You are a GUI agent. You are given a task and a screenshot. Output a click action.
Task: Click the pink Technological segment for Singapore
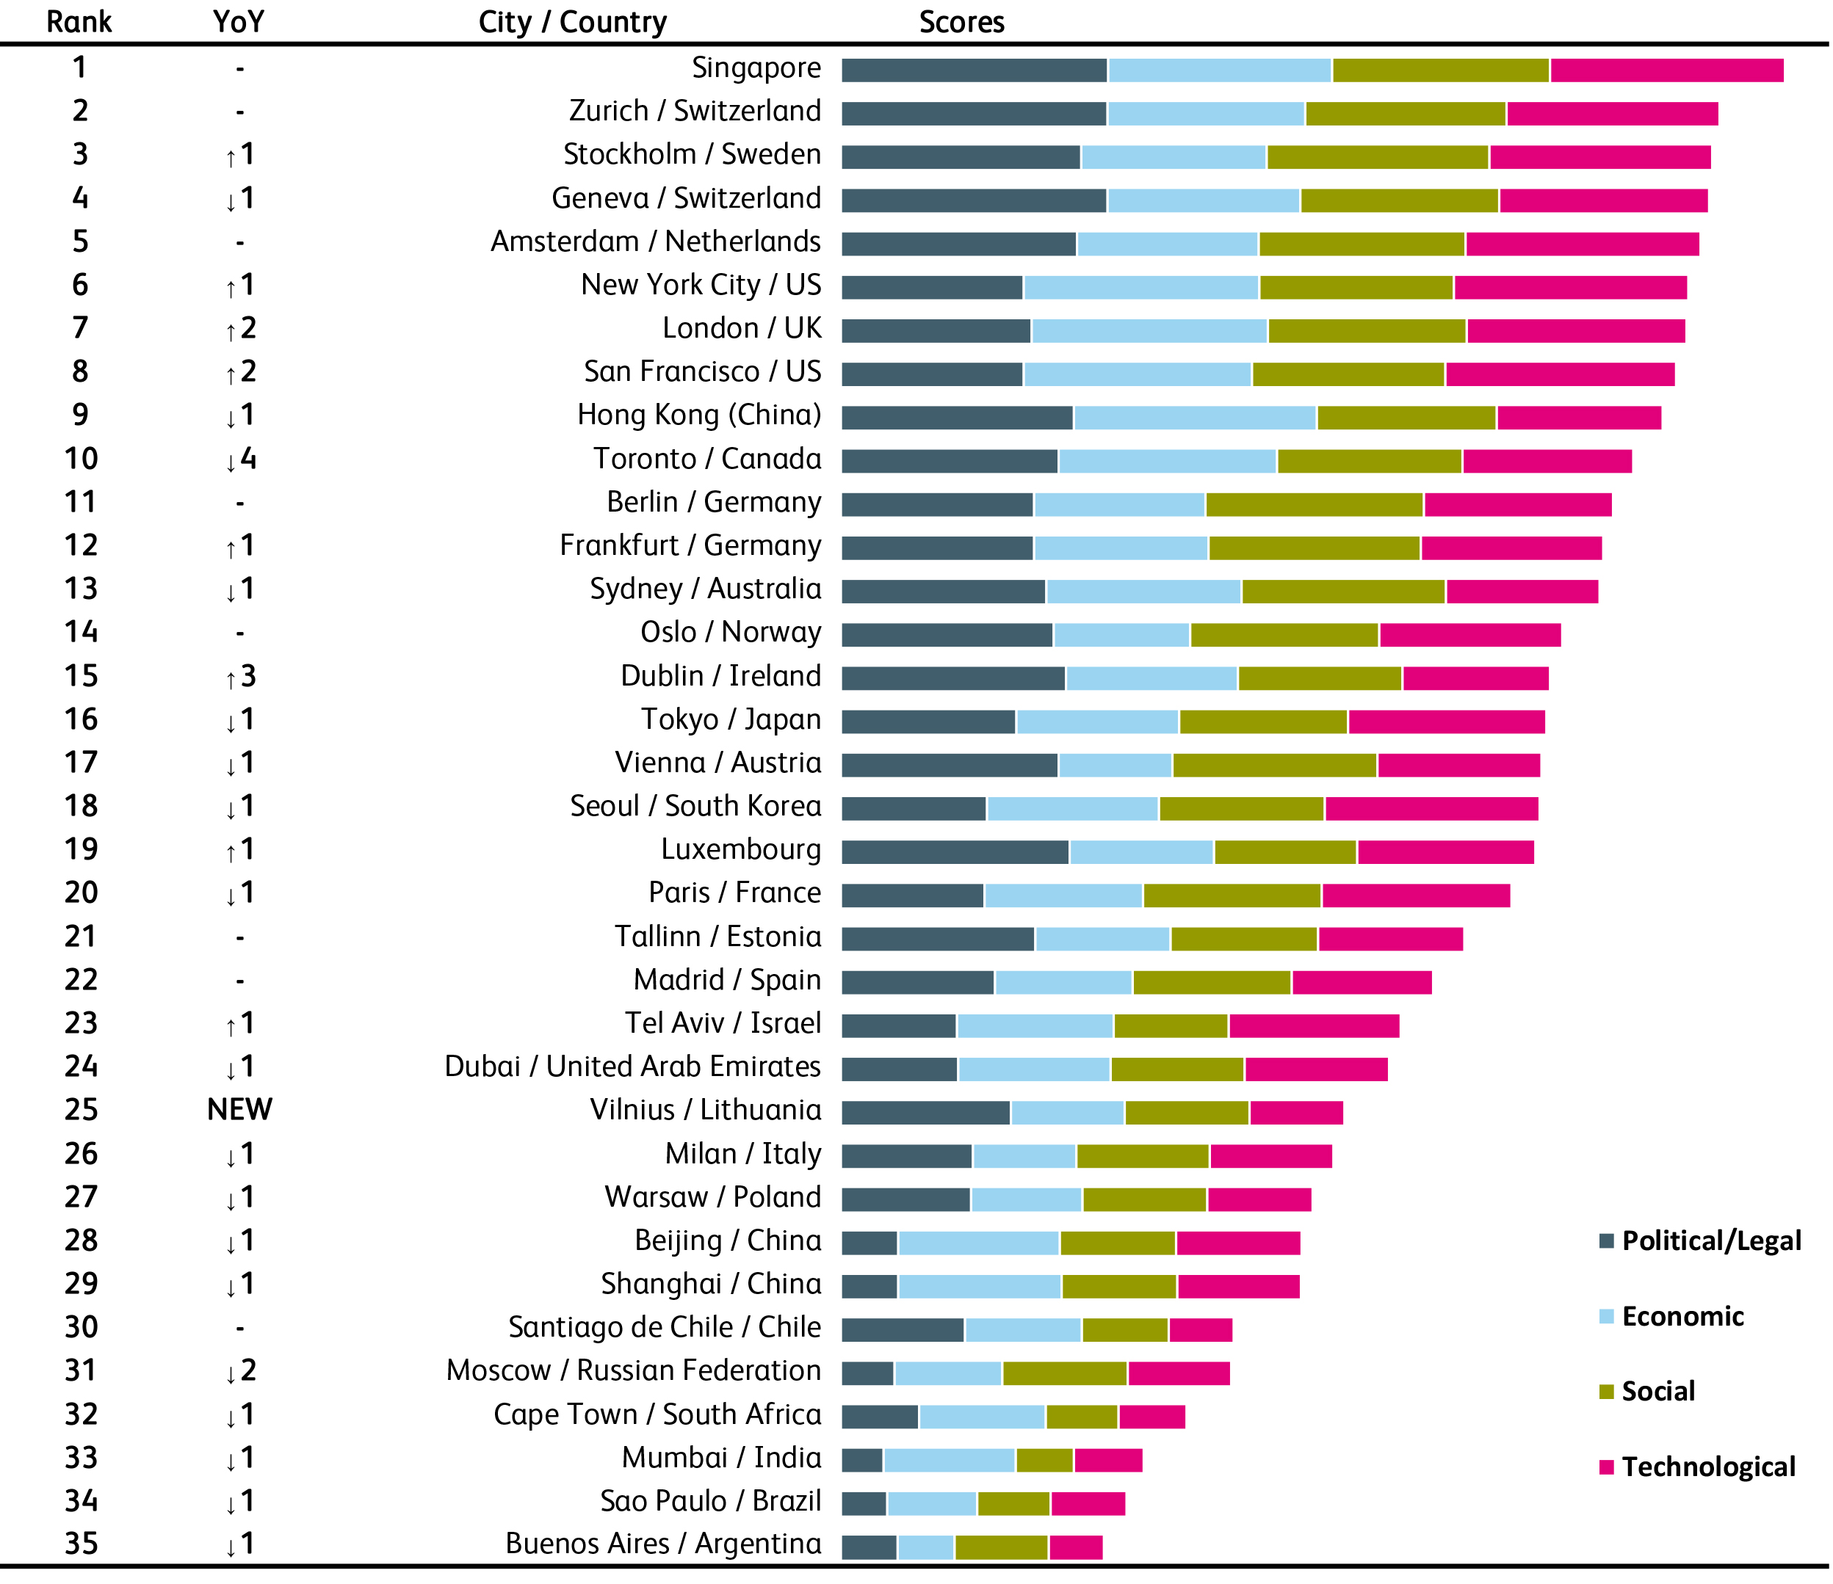[1667, 70]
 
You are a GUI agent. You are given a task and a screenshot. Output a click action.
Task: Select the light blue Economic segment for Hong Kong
[1194, 418]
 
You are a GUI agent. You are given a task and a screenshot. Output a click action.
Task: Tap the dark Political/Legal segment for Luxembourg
[955, 851]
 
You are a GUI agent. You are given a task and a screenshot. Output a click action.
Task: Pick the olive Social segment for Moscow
[1064, 1373]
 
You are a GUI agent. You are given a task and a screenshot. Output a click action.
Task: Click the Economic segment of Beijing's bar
[978, 1243]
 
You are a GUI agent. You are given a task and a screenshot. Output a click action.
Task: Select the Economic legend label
[1682, 1316]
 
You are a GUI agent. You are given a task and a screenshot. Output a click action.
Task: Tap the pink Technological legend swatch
[1608, 1467]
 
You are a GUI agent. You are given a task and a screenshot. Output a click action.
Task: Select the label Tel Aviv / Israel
[723, 1023]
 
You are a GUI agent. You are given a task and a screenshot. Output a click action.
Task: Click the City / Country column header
[572, 22]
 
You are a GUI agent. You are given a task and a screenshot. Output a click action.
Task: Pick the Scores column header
[961, 22]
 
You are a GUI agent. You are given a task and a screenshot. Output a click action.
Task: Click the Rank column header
[79, 22]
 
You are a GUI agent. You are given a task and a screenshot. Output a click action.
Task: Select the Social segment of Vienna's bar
[1274, 765]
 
